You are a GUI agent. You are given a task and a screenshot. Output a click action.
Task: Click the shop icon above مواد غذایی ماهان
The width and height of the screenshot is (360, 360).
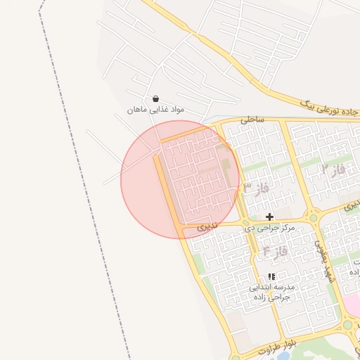(x=155, y=98)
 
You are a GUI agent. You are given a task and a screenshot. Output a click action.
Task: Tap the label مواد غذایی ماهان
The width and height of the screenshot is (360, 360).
(x=155, y=110)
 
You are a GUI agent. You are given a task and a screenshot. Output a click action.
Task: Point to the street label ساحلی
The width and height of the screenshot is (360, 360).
(x=252, y=120)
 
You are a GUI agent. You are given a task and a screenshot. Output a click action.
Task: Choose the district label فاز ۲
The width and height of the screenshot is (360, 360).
(x=334, y=169)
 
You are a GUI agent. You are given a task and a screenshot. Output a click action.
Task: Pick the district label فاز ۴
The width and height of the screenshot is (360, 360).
(x=275, y=250)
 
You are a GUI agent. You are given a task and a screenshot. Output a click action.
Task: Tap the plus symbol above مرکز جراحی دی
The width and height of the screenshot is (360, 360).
(x=269, y=217)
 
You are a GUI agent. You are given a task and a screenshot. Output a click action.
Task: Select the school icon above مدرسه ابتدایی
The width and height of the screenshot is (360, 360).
(x=272, y=276)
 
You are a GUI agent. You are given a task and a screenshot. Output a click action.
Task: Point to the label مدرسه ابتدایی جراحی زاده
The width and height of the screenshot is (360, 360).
(x=273, y=292)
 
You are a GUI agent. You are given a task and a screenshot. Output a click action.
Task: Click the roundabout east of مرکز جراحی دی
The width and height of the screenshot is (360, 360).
(x=314, y=217)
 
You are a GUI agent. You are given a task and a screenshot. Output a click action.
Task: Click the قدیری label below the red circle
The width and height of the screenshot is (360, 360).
(x=207, y=227)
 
